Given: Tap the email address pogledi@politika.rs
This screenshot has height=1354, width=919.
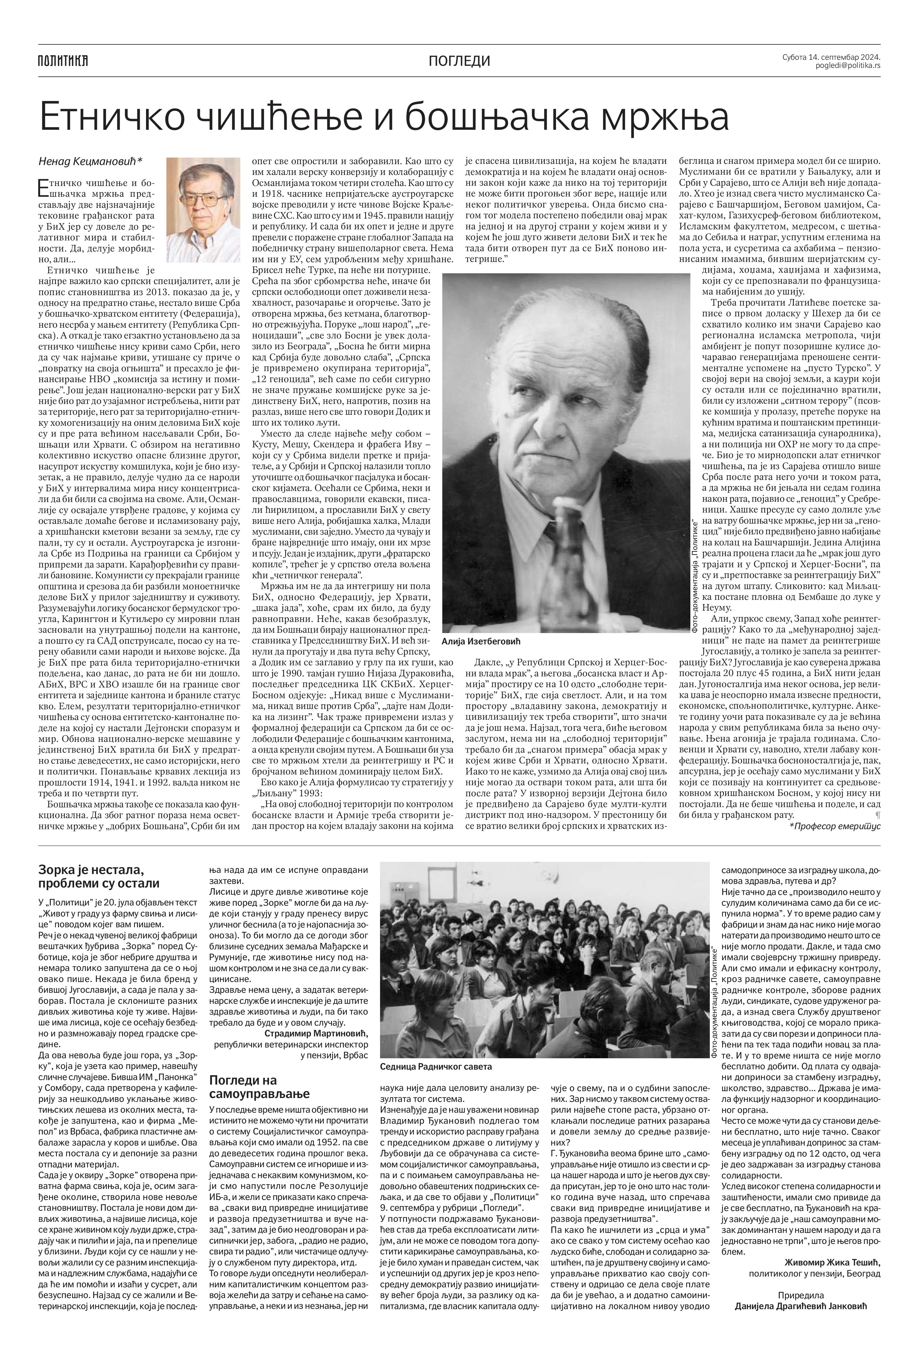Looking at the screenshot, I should tap(848, 66).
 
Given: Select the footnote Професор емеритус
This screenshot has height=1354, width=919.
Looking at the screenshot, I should tap(834, 826).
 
